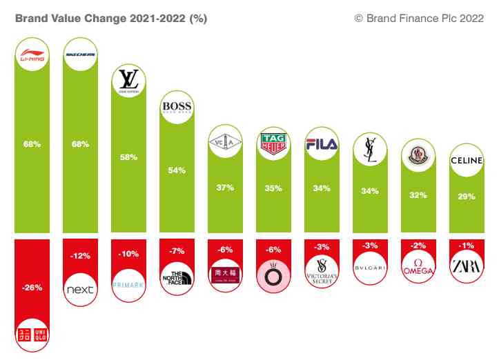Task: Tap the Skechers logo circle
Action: click(x=80, y=54)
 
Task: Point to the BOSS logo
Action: click(x=177, y=108)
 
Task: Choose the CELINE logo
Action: click(x=467, y=161)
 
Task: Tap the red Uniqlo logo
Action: click(x=32, y=334)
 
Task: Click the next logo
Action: click(x=80, y=290)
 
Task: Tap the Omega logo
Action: click(x=418, y=268)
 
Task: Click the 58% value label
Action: click(x=128, y=157)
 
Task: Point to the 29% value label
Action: click(x=467, y=197)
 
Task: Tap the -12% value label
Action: click(x=80, y=256)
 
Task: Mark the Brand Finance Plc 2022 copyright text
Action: click(x=420, y=19)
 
